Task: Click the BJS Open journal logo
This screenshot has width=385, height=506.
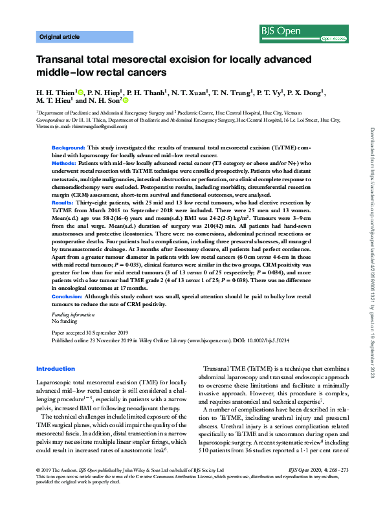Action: (x=324, y=30)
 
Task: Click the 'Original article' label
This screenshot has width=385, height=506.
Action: (x=59, y=37)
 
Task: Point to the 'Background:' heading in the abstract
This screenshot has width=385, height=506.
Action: (x=68, y=148)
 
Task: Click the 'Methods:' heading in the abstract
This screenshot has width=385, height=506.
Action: (x=64, y=164)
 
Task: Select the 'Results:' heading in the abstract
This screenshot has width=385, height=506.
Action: (x=63, y=203)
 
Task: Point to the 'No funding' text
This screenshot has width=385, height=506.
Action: (x=64, y=321)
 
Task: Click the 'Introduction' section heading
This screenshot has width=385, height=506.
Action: (x=56, y=368)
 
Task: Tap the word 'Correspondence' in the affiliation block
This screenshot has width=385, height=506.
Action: (x=52, y=120)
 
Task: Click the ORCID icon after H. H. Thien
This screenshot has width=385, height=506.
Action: (x=80, y=92)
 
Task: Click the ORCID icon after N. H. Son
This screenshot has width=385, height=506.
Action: (x=126, y=101)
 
